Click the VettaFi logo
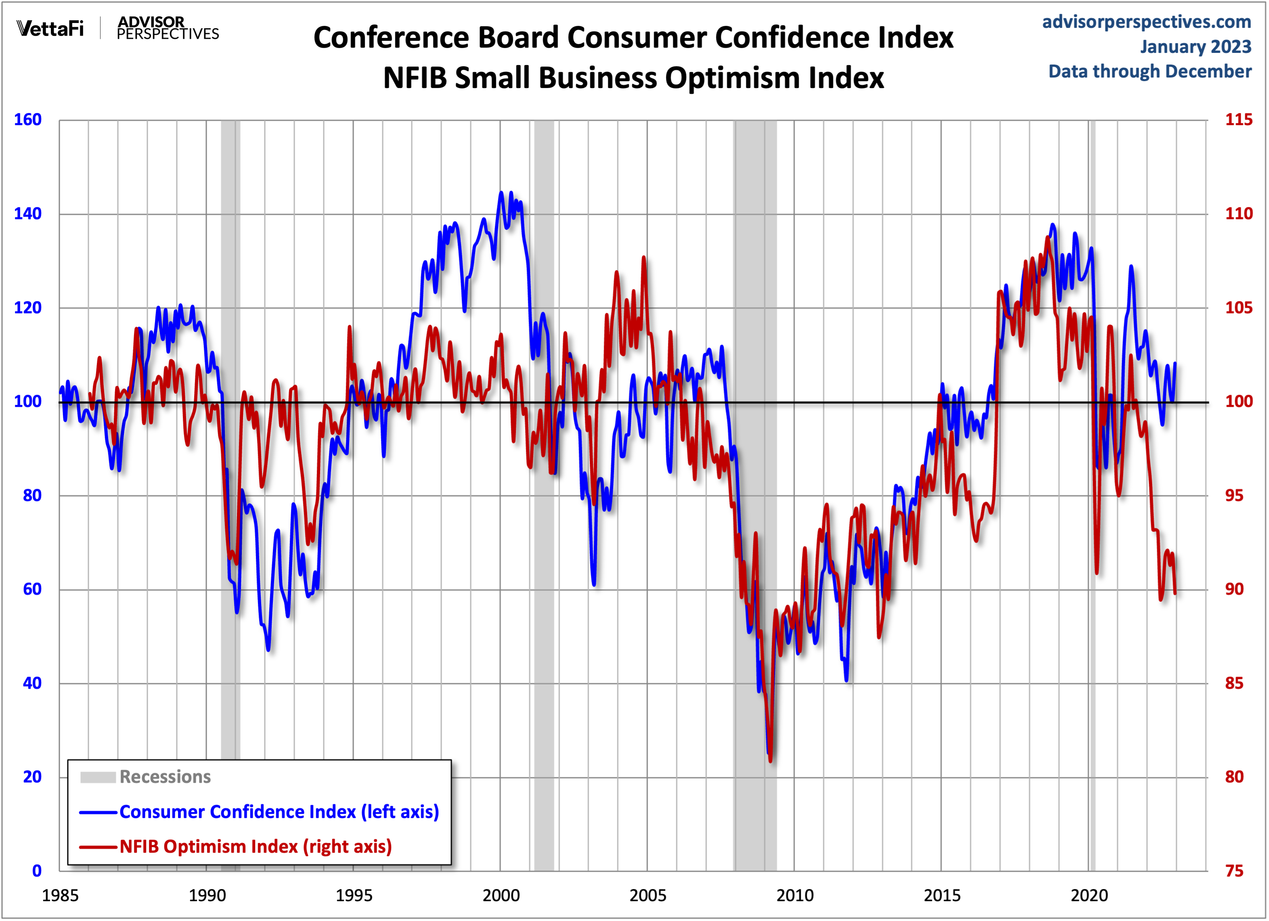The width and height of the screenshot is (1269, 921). point(50,28)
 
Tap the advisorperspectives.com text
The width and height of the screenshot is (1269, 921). point(1146,22)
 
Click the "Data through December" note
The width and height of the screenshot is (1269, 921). point(1149,71)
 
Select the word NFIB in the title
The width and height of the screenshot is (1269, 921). point(416,78)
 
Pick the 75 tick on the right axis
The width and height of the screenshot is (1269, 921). point(1234,871)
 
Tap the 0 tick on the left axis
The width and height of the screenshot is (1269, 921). point(37,871)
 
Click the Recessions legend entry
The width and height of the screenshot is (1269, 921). point(165,777)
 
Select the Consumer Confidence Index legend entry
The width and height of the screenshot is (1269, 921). point(279,812)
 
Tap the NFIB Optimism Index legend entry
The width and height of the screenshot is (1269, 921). point(255,847)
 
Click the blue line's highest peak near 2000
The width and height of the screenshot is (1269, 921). point(501,193)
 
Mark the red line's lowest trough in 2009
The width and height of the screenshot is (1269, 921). point(771,761)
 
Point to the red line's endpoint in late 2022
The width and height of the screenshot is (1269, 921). point(1175,593)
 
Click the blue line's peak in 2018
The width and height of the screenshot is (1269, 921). point(1053,225)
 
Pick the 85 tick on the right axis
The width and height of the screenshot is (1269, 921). point(1234,683)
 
